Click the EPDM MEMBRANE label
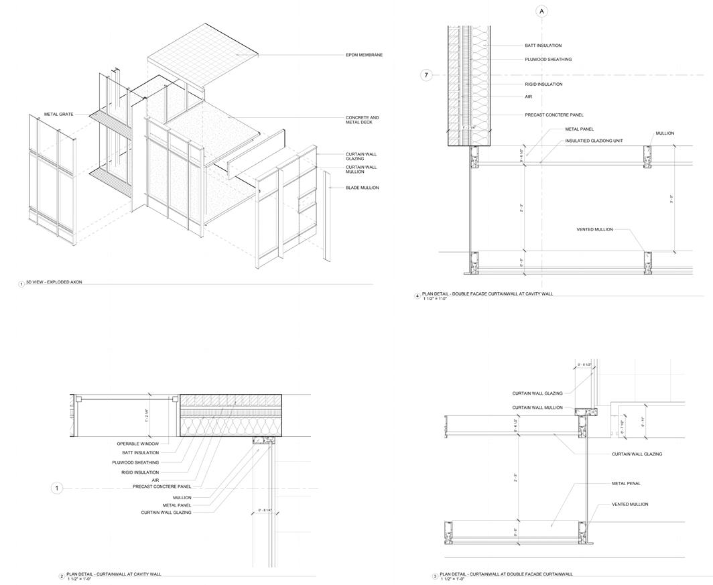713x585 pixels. pyautogui.click(x=364, y=55)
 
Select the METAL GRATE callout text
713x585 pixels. pyautogui.click(x=59, y=114)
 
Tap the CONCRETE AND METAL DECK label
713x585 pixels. pyautogui.click(x=362, y=120)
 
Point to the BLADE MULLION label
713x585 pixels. pyautogui.click(x=362, y=188)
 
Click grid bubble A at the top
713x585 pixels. pyautogui.click(x=542, y=11)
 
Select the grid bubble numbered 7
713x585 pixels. pyautogui.click(x=426, y=75)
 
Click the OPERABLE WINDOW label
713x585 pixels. pyautogui.click(x=138, y=444)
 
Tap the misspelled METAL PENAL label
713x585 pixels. pyautogui.click(x=626, y=483)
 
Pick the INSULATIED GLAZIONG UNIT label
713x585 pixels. pyautogui.click(x=594, y=141)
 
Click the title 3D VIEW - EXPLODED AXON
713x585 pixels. pyautogui.click(x=54, y=282)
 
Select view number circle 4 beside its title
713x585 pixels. pyautogui.click(x=417, y=296)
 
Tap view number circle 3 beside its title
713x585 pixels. pyautogui.click(x=435, y=576)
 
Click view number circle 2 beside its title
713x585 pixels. pyautogui.click(x=62, y=576)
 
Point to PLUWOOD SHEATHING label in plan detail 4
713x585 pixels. pyautogui.click(x=548, y=60)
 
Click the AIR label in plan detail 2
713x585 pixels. pyautogui.click(x=155, y=480)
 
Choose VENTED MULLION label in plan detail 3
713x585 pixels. pyautogui.click(x=630, y=504)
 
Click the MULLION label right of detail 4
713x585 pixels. pyautogui.click(x=665, y=133)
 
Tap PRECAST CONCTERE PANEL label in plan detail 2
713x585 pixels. pyautogui.click(x=162, y=486)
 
